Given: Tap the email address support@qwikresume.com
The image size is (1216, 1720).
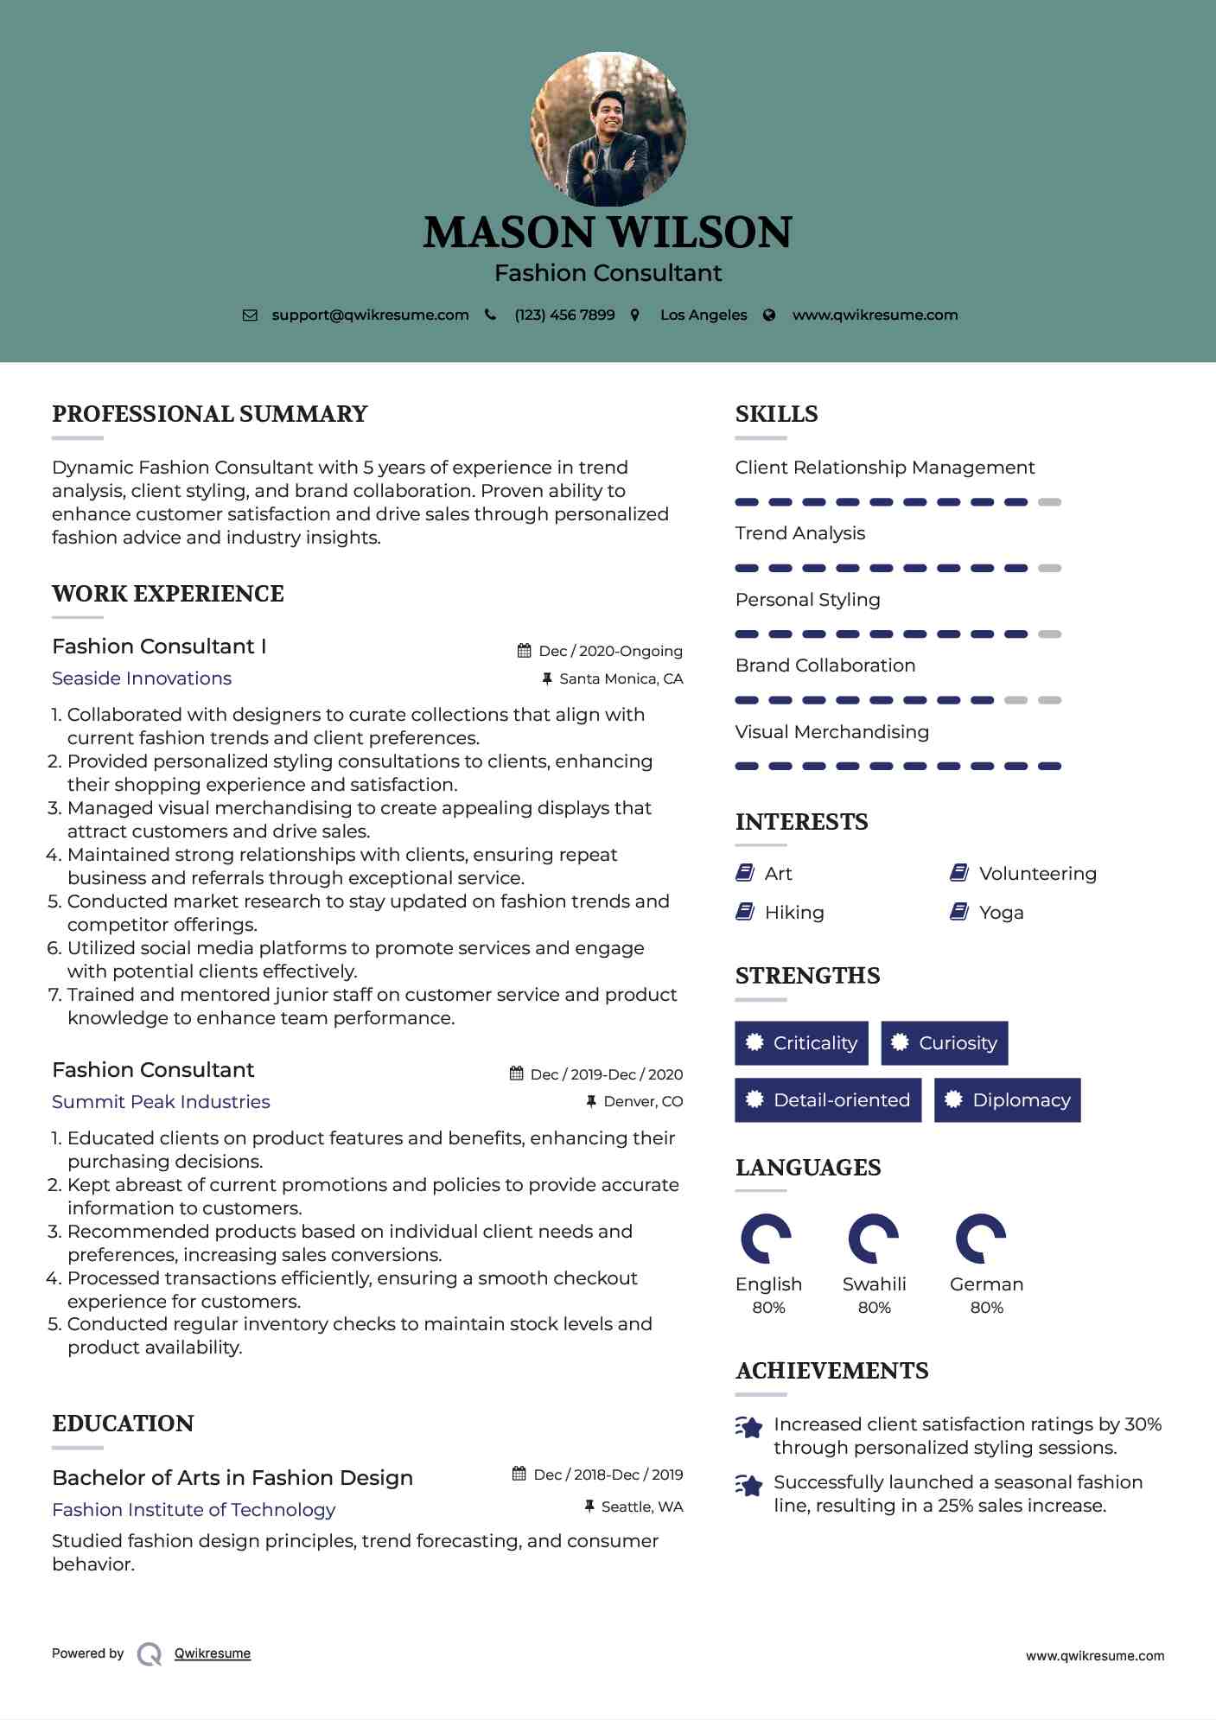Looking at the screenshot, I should click(x=370, y=315).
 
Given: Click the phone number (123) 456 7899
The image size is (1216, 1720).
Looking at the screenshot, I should click(x=564, y=315).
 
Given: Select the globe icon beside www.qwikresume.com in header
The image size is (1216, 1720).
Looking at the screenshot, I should click(x=769, y=315).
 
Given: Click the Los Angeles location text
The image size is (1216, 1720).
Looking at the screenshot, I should click(x=703, y=315).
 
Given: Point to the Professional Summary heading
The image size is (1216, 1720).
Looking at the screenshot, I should click(x=210, y=414).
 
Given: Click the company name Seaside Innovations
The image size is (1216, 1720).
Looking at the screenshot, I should click(x=142, y=678).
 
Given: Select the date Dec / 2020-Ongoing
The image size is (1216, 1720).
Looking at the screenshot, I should click(x=610, y=652).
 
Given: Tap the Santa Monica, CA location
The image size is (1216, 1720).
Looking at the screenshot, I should click(x=621, y=679).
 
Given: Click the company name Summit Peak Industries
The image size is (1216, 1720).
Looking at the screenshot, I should click(x=161, y=1102).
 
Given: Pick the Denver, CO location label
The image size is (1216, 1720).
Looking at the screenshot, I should click(x=643, y=1102).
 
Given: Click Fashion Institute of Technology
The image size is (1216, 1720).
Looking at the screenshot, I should click(x=194, y=1510).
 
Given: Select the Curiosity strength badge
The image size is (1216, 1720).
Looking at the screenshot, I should click(x=944, y=1043).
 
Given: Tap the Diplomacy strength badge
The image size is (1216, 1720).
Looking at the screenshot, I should click(x=1007, y=1100).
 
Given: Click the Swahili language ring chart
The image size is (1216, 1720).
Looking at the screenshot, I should click(x=873, y=1239).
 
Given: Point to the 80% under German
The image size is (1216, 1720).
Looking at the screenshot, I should click(x=986, y=1308).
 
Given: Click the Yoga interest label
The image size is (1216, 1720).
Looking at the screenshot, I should click(x=1001, y=913).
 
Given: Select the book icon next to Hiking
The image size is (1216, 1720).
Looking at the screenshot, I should click(x=745, y=912).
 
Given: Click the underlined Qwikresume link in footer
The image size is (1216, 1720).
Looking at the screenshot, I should click(x=213, y=1653).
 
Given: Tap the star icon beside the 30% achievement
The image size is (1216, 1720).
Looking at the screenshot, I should click(x=749, y=1427).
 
